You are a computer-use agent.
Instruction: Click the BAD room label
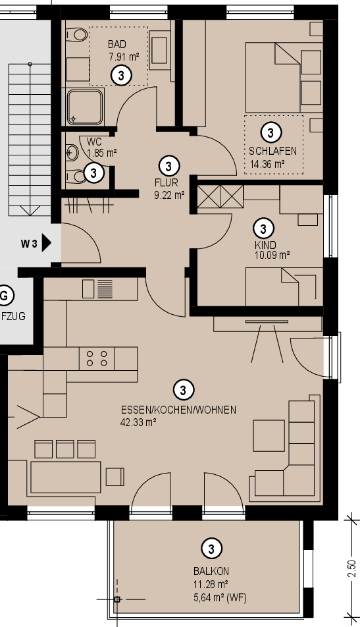pyautogui.click(x=116, y=44)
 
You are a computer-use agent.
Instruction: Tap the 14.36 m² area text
pyautogui.click(x=267, y=164)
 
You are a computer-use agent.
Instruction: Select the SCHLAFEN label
pyautogui.click(x=272, y=151)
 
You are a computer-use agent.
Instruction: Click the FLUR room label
pyautogui.click(x=167, y=182)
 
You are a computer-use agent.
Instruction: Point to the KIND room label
pyautogui.click(x=265, y=245)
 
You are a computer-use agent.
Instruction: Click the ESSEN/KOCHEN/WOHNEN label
pyautogui.click(x=178, y=410)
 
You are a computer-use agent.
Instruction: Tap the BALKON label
pyautogui.click(x=211, y=571)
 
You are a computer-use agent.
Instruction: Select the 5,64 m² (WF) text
pyautogui.click(x=220, y=598)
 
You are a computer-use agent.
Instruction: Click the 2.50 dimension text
pyautogui.click(x=351, y=568)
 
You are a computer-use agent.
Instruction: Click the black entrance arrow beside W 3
pyautogui.click(x=47, y=243)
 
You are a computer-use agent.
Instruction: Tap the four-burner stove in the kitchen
pyautogui.click(x=97, y=358)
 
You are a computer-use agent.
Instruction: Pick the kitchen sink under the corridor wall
pyautogui.click(x=98, y=288)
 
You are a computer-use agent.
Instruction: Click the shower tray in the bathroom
pyautogui.click(x=85, y=107)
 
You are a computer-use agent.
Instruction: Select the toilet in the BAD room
pyautogui.click(x=76, y=35)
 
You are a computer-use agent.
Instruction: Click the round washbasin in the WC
pyautogui.click(x=72, y=152)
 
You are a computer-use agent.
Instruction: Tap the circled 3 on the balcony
pyautogui.click(x=211, y=549)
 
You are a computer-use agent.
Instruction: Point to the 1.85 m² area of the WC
pyautogui.click(x=102, y=153)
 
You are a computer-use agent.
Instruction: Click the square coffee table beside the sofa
pyautogui.click(x=269, y=435)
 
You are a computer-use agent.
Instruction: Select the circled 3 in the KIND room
pyautogui.click(x=263, y=229)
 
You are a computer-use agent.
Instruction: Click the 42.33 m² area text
pyautogui.click(x=138, y=422)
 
